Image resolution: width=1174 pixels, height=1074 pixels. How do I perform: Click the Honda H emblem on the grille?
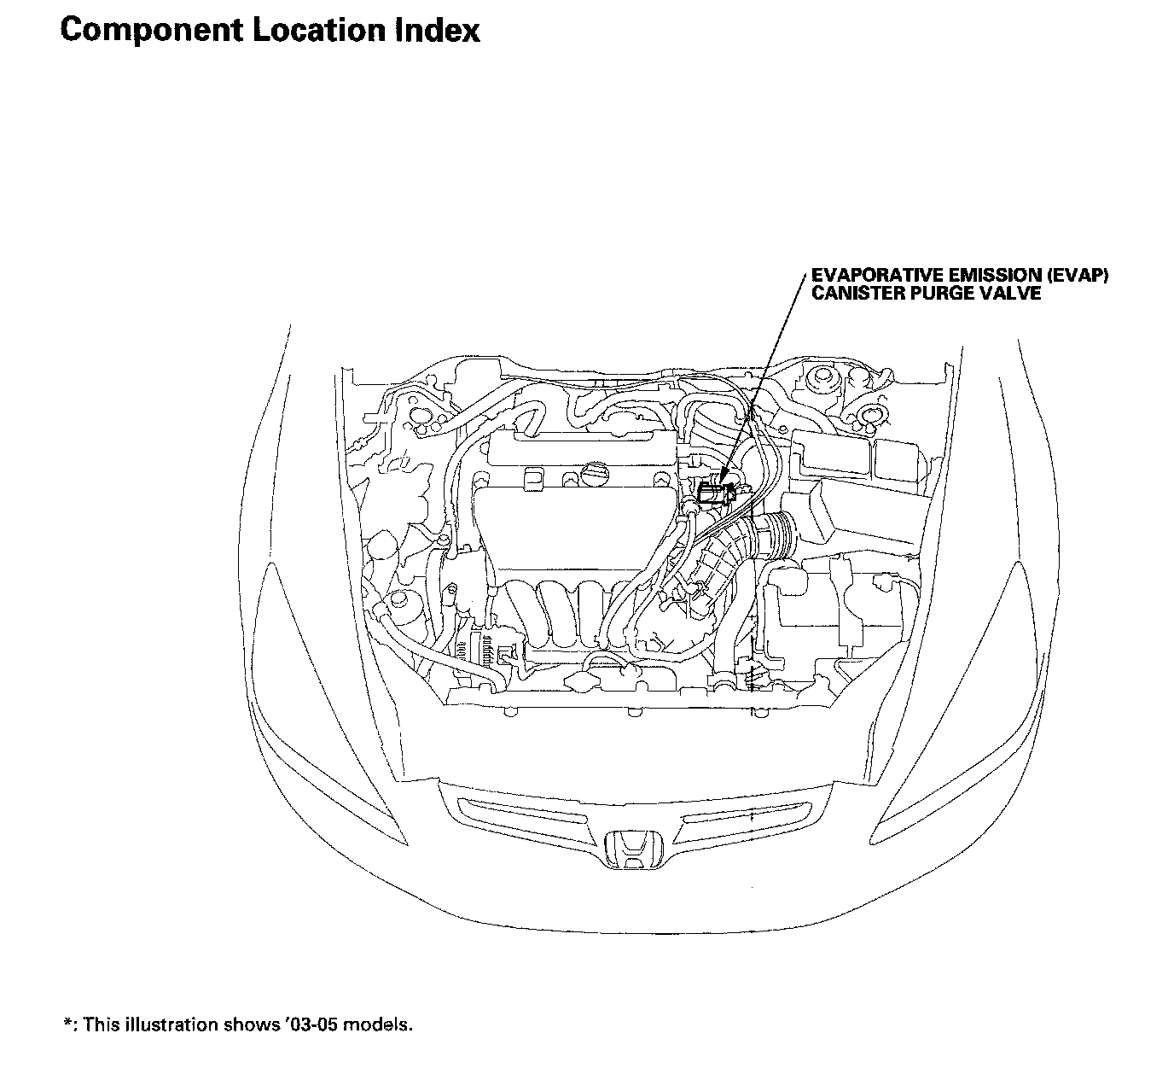[632, 848]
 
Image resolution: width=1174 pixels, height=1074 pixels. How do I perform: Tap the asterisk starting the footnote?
[67, 1023]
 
